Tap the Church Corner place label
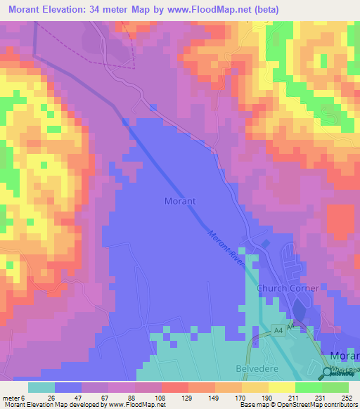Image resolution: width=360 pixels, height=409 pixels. (288, 288)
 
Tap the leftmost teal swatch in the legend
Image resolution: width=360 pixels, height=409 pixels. (41, 388)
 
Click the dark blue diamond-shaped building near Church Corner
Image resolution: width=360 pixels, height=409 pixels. (265, 244)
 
